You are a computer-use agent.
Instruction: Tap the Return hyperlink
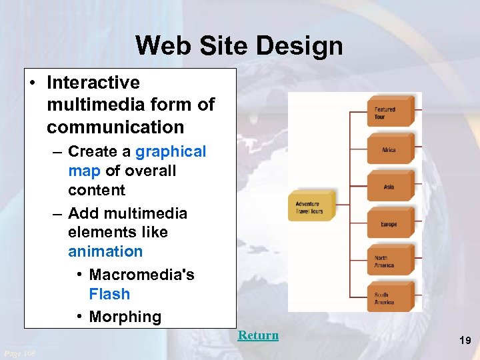[x=258, y=335]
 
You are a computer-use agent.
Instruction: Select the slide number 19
[x=465, y=341]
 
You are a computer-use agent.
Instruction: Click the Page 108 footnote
[x=20, y=353]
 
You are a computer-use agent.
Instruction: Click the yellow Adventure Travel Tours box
[x=311, y=207]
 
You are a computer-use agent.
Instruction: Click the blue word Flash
[x=109, y=294]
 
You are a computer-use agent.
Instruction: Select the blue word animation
[x=105, y=251]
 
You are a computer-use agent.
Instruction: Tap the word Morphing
[x=125, y=317]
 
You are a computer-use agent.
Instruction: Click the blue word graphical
[x=171, y=151]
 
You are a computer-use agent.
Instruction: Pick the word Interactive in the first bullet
[x=93, y=83]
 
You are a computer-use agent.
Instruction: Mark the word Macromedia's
[x=141, y=275]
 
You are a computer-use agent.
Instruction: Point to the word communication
[x=115, y=127]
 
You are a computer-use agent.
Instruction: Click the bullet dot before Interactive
[x=33, y=83]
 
